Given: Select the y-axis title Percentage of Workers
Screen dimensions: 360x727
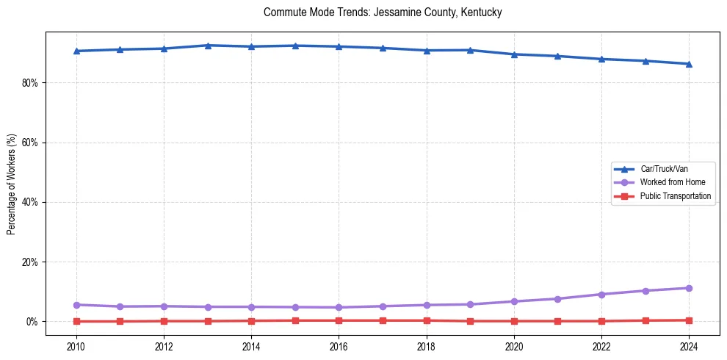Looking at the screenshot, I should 11,184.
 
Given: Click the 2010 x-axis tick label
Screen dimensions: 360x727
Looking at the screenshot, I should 76,346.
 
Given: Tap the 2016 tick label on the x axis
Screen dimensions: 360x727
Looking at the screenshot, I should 339,346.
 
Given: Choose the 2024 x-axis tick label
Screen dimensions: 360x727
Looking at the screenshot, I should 689,346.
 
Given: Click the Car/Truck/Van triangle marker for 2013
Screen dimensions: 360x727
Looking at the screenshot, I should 208,46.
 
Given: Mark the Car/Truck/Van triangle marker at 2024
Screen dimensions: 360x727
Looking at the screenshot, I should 689,64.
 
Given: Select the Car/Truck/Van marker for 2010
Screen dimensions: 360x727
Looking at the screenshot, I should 76,51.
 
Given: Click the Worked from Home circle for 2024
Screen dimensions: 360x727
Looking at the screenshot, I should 689,288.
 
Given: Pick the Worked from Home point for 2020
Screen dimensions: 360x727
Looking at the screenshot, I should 514,301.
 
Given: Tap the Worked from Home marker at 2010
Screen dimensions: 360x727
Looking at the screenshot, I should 76,305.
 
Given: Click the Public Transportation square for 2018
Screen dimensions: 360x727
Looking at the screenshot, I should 427,320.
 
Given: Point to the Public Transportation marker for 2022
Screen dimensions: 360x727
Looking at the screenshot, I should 601,321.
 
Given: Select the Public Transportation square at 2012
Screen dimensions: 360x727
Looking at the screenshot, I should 164,321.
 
